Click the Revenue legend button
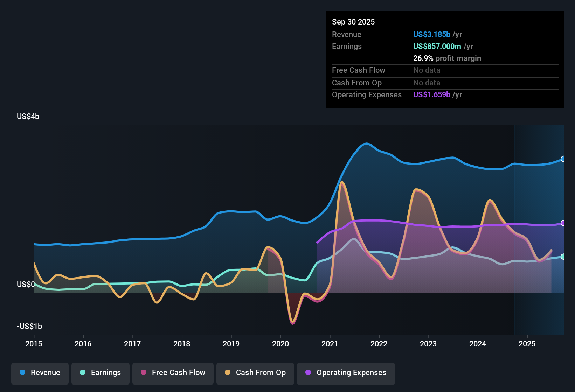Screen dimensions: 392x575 40,373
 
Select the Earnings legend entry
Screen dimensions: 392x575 101,373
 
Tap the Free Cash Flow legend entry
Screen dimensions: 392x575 173,373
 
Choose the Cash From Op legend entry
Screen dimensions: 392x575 255,373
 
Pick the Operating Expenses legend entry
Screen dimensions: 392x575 346,373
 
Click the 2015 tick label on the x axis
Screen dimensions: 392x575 34,344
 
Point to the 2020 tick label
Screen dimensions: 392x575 280,344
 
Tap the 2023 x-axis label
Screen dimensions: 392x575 428,344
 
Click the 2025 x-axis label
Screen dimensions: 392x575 527,344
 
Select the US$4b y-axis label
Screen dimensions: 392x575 28,117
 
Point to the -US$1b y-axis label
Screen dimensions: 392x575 29,326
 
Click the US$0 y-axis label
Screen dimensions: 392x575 26,284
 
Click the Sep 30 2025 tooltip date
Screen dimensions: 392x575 353,22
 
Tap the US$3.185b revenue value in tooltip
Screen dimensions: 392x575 431,34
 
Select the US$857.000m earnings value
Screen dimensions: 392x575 437,46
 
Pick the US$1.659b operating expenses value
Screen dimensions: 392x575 431,94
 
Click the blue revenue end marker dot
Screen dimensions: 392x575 563,159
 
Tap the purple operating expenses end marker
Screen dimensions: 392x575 563,223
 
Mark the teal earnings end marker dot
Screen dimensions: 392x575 563,257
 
